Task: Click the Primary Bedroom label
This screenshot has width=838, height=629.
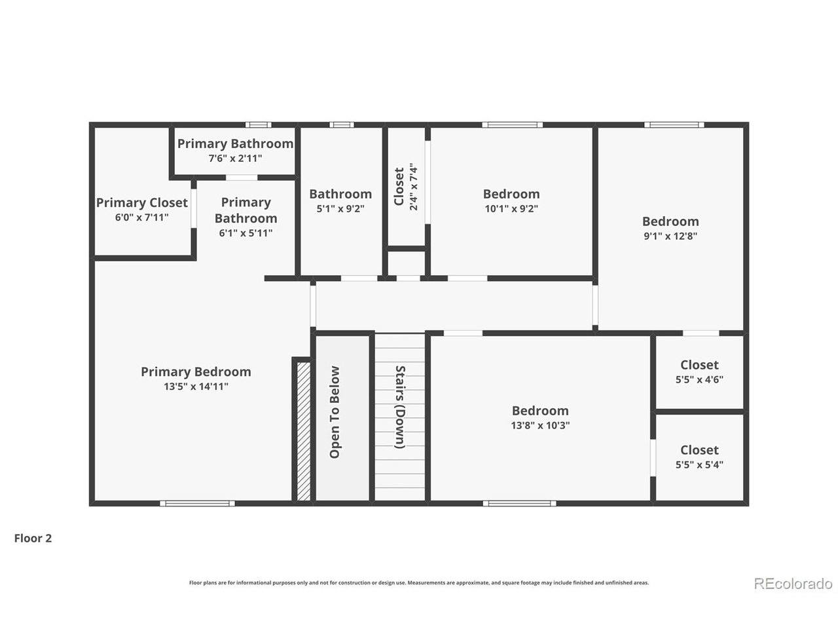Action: [196, 372]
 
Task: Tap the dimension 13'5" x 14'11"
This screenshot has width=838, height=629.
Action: [196, 387]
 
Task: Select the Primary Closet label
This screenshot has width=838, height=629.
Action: [142, 203]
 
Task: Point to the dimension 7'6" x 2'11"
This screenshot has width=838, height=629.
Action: [235, 158]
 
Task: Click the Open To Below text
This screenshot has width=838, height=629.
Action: [335, 412]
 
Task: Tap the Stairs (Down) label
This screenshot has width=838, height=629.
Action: [400, 407]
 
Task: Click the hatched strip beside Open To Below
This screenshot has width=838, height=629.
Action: [304, 431]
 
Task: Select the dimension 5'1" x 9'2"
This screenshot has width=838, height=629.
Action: [340, 208]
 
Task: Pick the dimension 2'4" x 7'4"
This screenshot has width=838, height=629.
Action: [414, 187]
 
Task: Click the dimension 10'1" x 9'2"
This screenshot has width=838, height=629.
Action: [511, 208]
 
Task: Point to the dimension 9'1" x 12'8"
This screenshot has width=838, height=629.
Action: [670, 236]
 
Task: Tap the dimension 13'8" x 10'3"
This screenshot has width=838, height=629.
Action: [540, 425]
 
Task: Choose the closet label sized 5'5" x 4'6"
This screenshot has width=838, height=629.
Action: [699, 365]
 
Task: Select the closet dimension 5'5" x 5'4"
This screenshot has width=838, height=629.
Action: [699, 465]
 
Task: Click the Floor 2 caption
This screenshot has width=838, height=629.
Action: [33, 539]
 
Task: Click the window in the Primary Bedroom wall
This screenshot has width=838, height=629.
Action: [197, 503]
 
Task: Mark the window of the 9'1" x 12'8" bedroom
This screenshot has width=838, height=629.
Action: [674, 125]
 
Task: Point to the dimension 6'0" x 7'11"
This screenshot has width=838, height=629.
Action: [142, 218]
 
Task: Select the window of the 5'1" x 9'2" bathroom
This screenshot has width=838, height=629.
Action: [342, 125]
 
